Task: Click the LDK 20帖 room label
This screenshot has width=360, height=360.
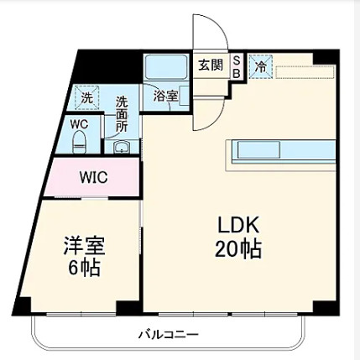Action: pyautogui.click(x=238, y=237)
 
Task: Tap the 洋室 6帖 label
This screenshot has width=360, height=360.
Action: pyautogui.click(x=84, y=256)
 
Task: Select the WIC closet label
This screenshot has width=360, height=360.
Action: pyautogui.click(x=93, y=177)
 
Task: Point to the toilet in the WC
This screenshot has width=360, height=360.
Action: pyautogui.click(x=80, y=143)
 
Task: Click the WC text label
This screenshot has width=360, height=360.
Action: pyautogui.click(x=79, y=124)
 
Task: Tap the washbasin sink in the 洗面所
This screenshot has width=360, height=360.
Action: pyautogui.click(x=122, y=147)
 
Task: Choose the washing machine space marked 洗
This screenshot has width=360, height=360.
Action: pyautogui.click(x=87, y=98)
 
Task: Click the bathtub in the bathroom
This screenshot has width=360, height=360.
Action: pyautogui.click(x=165, y=67)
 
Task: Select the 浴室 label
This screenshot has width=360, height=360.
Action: pyautogui.click(x=165, y=97)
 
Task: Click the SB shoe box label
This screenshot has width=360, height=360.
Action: pyautogui.click(x=237, y=67)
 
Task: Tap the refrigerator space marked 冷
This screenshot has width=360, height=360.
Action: pyautogui.click(x=261, y=66)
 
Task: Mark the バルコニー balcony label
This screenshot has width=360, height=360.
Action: pyautogui.click(x=169, y=334)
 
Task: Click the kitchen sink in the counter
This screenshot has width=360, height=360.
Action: pyautogui.click(x=258, y=150)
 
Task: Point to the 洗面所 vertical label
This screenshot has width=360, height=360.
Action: pyautogui.click(x=122, y=114)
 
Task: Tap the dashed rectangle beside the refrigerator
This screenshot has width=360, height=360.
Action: pyautogui.click(x=305, y=72)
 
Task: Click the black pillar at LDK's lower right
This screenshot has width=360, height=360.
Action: pyautogui.click(x=326, y=308)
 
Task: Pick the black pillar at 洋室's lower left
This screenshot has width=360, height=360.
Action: pyautogui.click(x=22, y=306)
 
